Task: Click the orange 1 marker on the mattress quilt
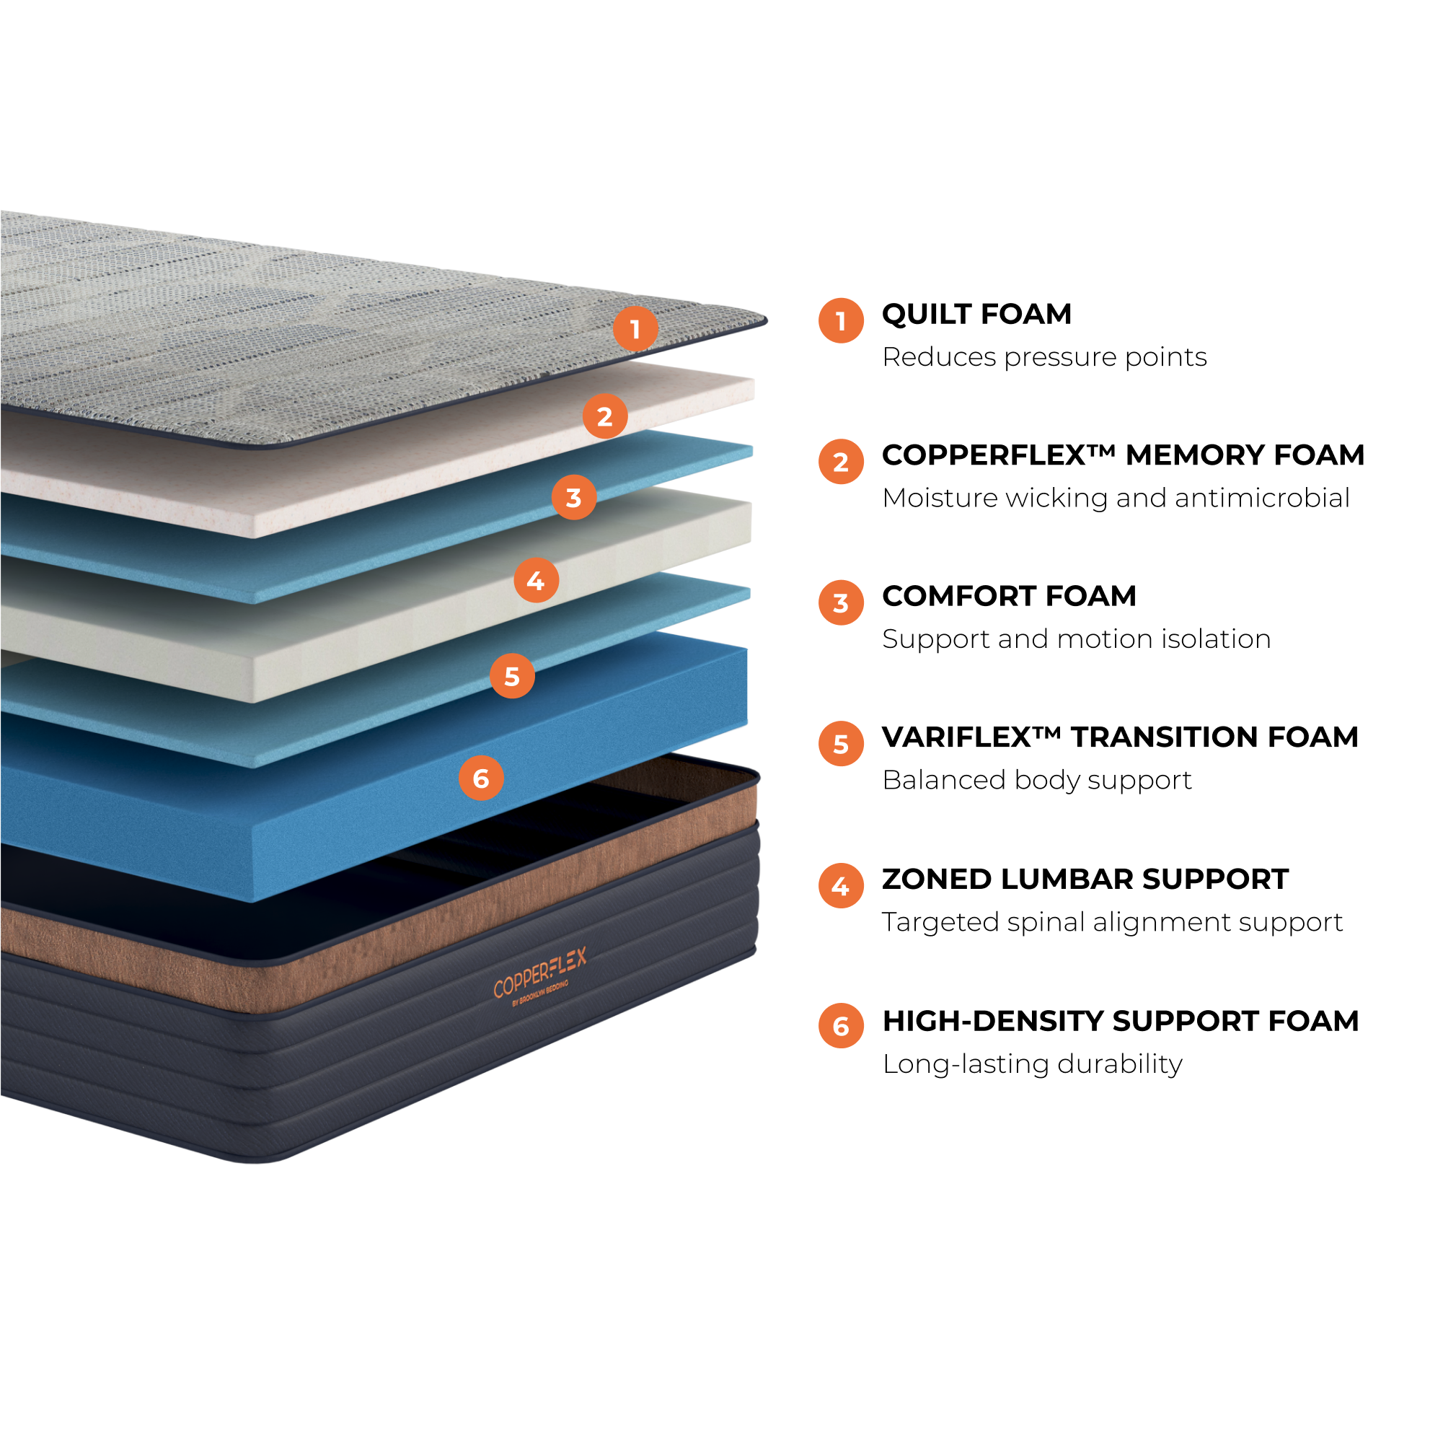click(635, 328)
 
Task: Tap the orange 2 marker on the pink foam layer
click(604, 416)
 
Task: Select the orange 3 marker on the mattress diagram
click(573, 497)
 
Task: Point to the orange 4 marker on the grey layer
click(536, 580)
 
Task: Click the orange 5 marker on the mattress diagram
click(511, 675)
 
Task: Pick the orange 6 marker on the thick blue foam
click(480, 778)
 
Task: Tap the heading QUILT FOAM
click(976, 314)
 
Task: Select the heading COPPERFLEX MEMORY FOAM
click(1123, 455)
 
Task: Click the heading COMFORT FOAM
click(1008, 595)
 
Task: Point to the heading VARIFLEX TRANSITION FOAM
click(1120, 737)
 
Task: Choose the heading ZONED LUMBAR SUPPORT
click(1085, 879)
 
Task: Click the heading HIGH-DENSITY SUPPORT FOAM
click(1121, 1021)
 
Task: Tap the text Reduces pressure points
click(1044, 357)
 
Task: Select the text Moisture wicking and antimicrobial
click(1116, 498)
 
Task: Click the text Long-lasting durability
click(1032, 1064)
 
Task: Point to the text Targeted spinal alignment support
click(1112, 922)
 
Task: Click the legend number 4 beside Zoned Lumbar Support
click(841, 885)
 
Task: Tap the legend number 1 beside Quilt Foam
click(841, 320)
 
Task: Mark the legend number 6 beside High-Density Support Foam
click(841, 1025)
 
